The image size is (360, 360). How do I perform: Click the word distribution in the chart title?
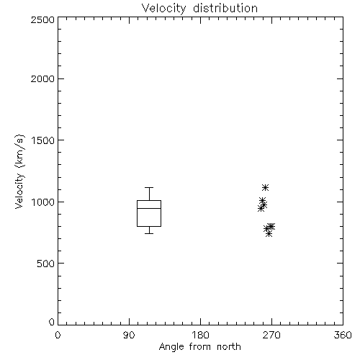pos(225,8)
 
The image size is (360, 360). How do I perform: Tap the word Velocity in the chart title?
pos(163,9)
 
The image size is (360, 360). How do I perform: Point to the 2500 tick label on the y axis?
pos(42,20)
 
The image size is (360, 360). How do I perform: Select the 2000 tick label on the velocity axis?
pos(42,79)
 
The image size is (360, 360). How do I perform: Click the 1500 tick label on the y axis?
pos(43,140)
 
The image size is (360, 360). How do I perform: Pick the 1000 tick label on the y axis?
pos(43,202)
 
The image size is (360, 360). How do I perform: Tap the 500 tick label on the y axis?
pos(45,264)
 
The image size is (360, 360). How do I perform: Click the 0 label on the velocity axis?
pos(52,323)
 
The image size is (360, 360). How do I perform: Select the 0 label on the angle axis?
pos(58,336)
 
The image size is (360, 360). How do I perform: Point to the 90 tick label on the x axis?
pos(129,336)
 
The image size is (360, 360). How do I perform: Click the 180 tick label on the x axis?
pos(200,336)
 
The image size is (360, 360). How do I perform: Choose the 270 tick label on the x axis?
pos(271,336)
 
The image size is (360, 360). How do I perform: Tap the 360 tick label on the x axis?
pos(343,336)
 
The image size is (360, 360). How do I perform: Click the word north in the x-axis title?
pos(229,347)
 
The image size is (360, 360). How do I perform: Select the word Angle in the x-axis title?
pos(171,348)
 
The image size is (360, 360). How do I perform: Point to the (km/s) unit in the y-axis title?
pos(19,151)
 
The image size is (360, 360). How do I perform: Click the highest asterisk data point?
pos(265,187)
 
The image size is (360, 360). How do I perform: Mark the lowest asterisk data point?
pos(269,233)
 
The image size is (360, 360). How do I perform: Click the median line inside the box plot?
pos(149,208)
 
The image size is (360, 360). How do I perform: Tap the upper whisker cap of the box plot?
pos(149,187)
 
